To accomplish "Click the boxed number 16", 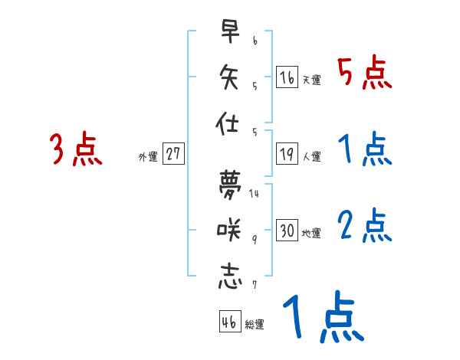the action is (x=287, y=78).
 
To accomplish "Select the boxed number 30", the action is (x=287, y=231).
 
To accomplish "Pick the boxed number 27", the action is (x=173, y=154).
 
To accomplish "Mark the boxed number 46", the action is (x=229, y=322).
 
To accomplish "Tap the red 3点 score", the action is (x=75, y=149).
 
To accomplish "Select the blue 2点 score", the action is (x=365, y=226).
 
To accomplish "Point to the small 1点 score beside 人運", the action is (x=365, y=149).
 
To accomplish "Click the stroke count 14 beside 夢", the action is (x=254, y=192).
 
